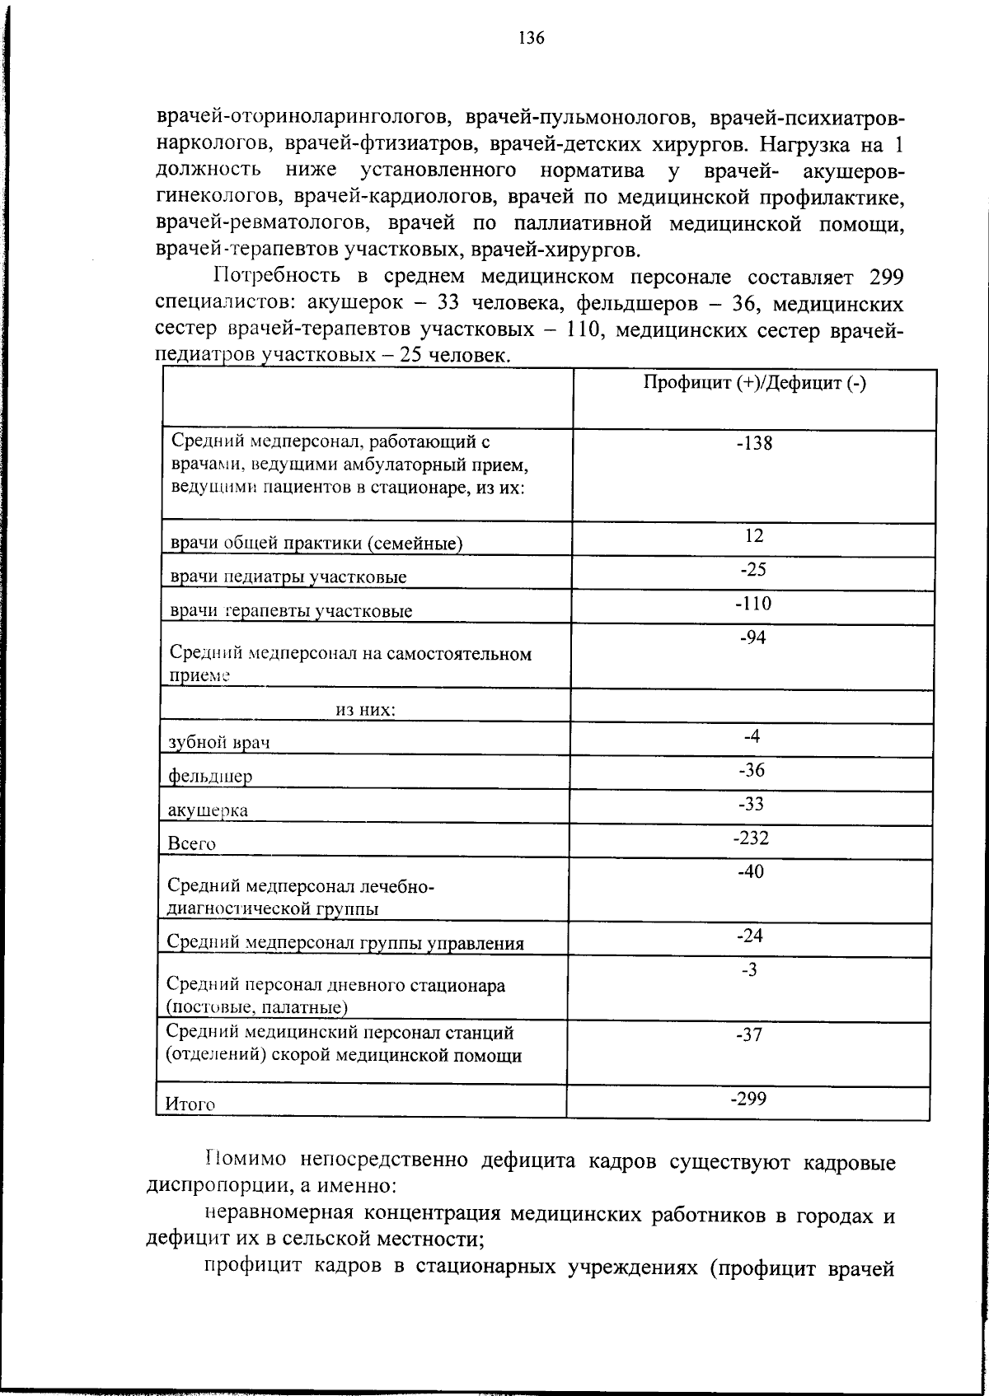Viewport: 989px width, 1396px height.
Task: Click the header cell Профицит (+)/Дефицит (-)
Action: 754,384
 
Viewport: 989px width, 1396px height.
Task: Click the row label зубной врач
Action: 219,742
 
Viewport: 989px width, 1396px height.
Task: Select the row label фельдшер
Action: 210,777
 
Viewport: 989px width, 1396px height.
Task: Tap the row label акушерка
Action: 208,810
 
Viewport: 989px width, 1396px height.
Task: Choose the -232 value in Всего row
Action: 751,838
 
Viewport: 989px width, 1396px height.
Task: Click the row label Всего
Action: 191,844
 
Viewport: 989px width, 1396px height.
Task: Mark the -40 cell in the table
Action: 751,872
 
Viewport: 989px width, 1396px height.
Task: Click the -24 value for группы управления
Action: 750,936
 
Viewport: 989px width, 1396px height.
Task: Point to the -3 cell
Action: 749,969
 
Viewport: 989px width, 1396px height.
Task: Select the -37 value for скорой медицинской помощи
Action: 749,1036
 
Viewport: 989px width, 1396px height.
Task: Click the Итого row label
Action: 190,1104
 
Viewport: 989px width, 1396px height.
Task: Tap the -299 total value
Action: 749,1097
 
